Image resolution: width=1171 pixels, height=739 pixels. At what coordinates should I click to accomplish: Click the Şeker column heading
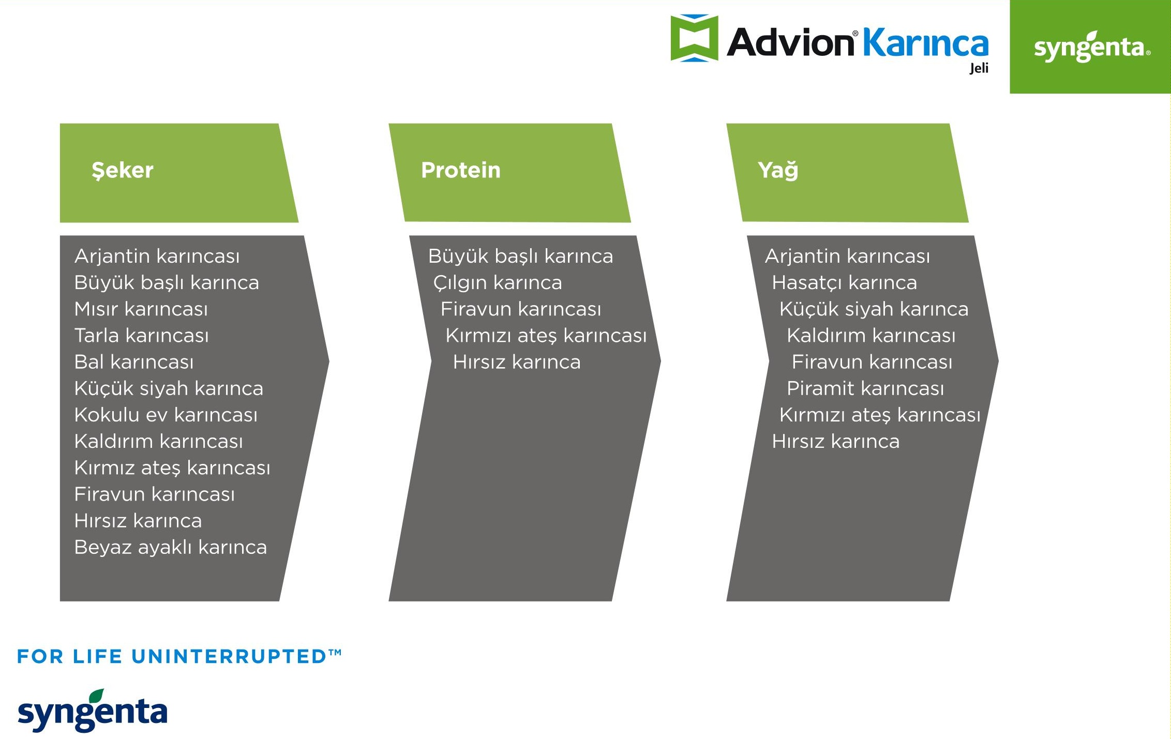click(x=123, y=171)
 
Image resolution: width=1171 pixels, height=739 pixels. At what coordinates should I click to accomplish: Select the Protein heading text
click(x=461, y=170)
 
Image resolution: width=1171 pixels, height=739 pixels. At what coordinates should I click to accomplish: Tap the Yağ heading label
click(x=778, y=171)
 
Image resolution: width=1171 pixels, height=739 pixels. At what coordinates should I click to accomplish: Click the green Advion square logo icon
click(x=694, y=38)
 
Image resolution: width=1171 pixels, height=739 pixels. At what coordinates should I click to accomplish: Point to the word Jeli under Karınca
click(x=979, y=68)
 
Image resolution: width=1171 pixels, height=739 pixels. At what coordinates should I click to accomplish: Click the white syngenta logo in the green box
click(x=1092, y=47)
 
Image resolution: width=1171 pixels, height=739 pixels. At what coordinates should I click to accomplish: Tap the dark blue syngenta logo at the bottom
click(x=93, y=711)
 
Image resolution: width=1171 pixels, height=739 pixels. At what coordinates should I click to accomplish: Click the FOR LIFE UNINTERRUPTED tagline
click(x=179, y=656)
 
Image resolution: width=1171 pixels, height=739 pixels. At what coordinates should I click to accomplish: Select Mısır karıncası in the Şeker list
click(x=141, y=309)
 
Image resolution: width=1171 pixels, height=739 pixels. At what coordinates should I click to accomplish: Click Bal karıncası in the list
click(x=134, y=362)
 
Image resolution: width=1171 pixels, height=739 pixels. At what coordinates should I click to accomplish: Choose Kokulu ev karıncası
click(x=166, y=415)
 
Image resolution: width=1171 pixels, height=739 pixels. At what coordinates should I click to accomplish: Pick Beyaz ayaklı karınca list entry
click(x=171, y=547)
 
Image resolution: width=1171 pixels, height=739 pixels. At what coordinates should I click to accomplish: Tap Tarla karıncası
click(x=142, y=336)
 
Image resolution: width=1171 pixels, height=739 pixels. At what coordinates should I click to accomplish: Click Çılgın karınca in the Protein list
click(x=498, y=283)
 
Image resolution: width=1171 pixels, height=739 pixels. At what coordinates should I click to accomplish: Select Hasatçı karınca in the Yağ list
click(x=845, y=283)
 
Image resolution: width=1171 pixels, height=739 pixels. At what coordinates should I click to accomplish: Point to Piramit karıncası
click(x=865, y=388)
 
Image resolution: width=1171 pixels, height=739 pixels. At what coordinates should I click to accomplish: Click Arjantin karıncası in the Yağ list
click(x=848, y=257)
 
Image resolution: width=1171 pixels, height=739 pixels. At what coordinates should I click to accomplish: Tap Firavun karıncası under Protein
click(x=521, y=309)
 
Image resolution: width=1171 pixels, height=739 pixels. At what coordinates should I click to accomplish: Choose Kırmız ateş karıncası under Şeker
click(x=172, y=468)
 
